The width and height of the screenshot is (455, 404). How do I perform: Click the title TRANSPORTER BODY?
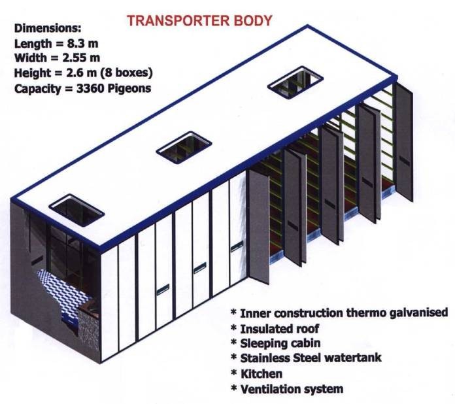199,20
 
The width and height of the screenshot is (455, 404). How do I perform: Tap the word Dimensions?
48,29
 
